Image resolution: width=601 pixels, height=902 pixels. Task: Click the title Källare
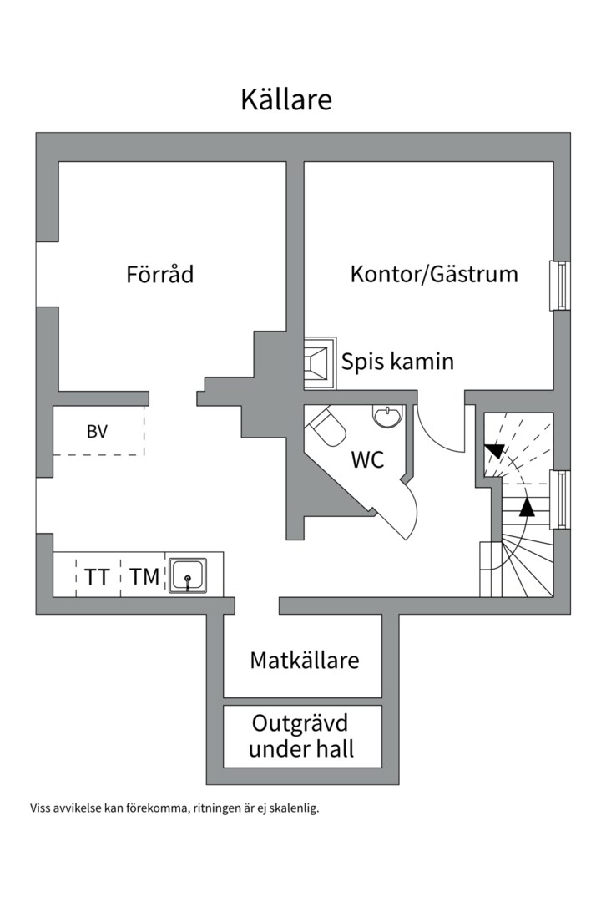286,99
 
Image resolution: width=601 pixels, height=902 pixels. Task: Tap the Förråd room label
159,274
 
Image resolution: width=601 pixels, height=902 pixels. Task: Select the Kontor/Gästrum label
433,274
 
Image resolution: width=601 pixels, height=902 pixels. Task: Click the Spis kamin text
397,362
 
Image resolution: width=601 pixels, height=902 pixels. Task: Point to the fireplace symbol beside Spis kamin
319,362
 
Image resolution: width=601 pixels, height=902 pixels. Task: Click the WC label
367,459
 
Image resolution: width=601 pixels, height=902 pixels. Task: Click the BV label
97,432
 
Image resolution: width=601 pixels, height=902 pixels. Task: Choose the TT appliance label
97,577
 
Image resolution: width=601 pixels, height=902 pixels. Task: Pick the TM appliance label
144,576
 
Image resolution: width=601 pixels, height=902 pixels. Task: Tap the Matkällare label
305,661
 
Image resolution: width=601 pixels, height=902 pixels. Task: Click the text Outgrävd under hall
301,736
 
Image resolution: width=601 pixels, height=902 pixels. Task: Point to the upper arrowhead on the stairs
494,451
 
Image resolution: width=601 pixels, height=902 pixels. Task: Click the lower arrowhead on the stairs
526,505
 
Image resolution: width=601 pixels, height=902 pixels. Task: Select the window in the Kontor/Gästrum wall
562,286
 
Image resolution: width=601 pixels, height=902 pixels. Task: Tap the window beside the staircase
562,499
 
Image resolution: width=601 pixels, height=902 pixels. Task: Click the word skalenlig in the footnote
294,808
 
